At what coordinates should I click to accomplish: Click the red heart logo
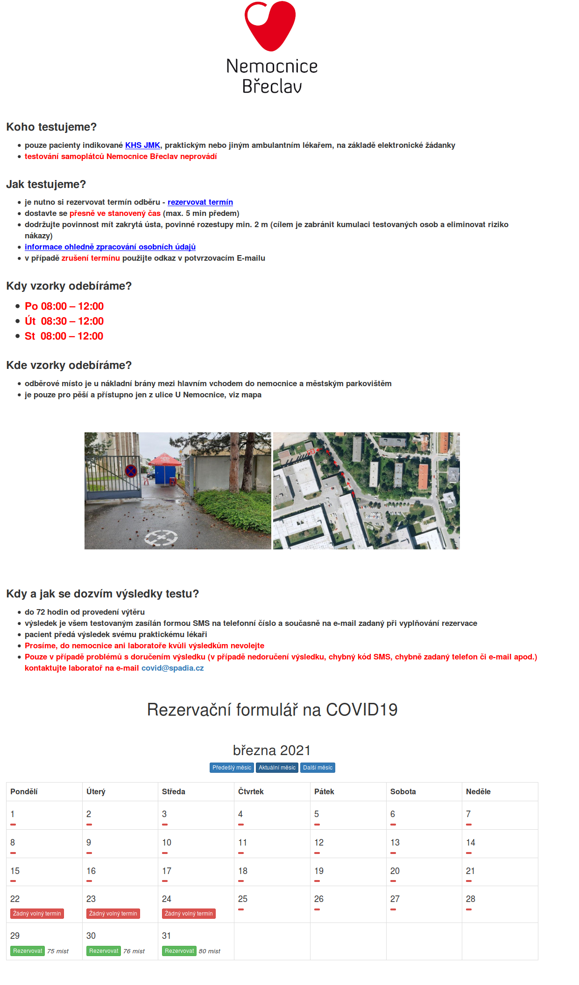(x=270, y=25)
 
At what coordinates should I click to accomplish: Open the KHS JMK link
(x=142, y=145)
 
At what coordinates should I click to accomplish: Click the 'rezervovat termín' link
(x=200, y=202)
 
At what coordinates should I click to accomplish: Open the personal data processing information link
(x=110, y=247)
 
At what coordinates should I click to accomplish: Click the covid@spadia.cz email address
(x=172, y=668)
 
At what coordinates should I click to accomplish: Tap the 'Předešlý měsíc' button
(x=232, y=768)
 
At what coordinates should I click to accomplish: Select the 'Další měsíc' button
(x=318, y=768)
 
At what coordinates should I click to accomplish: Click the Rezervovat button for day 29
(x=28, y=951)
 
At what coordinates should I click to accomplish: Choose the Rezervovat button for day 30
(x=104, y=951)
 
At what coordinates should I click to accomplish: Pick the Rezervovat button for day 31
(x=179, y=951)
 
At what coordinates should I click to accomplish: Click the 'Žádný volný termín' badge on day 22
(x=37, y=914)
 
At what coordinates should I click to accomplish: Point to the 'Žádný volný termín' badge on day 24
(x=189, y=914)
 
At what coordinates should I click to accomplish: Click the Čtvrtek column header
(x=251, y=791)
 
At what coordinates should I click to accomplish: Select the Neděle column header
(x=478, y=791)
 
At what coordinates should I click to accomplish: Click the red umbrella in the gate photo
(x=164, y=459)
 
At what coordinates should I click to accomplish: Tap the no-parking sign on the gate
(x=131, y=471)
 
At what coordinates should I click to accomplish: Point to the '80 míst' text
(x=210, y=951)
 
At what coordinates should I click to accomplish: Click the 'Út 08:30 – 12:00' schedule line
(x=64, y=321)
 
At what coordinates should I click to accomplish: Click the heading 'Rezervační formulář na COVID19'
(x=272, y=709)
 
